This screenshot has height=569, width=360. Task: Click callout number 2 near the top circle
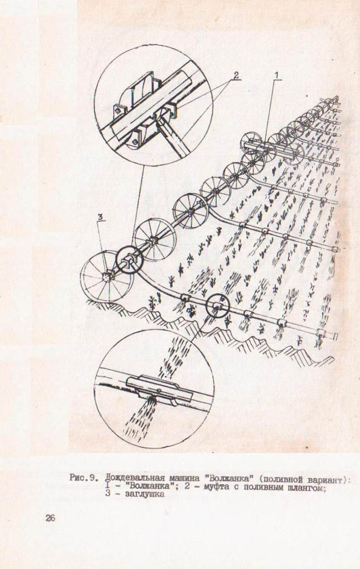tap(235, 75)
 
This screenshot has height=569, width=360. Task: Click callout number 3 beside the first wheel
tap(101, 217)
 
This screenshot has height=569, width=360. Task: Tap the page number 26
tap(50, 518)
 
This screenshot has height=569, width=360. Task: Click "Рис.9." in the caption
tap(84, 478)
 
